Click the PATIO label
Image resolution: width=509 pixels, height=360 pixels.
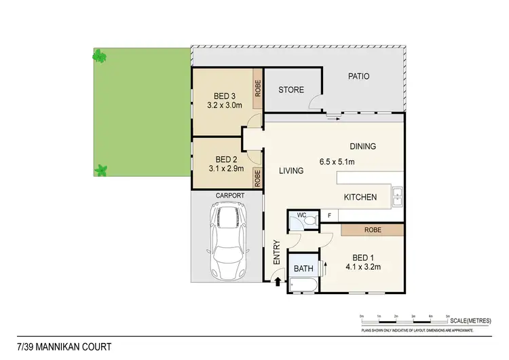(x=358, y=76)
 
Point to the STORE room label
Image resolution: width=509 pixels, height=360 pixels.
(x=291, y=90)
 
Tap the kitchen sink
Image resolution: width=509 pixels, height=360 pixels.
(x=397, y=197)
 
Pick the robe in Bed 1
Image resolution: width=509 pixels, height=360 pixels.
(x=372, y=230)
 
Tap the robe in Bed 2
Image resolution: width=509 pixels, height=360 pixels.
(x=257, y=177)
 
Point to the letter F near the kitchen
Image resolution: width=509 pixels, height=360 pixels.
(x=329, y=215)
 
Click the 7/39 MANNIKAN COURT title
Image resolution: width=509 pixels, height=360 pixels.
(x=52, y=347)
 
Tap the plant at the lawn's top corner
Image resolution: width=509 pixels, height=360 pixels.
(x=100, y=56)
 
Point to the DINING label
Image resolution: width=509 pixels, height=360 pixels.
(x=362, y=146)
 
